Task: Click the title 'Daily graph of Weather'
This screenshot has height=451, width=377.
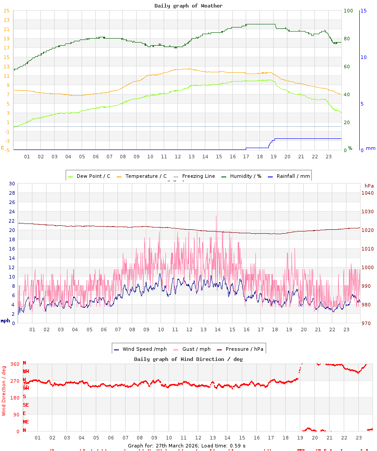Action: pyautogui.click(x=188, y=6)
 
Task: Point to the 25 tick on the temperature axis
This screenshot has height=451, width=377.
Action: pyautogui.click(x=7, y=11)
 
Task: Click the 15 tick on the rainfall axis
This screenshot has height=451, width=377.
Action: pyautogui.click(x=363, y=11)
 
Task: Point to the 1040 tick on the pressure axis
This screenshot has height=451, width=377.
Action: pyautogui.click(x=368, y=193)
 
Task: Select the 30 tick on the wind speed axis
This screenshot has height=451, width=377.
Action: pyautogui.click(x=12, y=184)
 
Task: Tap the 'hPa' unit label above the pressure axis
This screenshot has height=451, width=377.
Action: pyautogui.click(x=369, y=185)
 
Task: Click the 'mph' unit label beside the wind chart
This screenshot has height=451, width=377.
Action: pyautogui.click(x=5, y=321)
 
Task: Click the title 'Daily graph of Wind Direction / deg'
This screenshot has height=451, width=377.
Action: pyautogui.click(x=188, y=359)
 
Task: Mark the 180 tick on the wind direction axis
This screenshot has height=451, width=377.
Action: pyautogui.click(x=15, y=398)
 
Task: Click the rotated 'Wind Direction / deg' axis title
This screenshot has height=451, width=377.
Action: pyautogui.click(x=4, y=390)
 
